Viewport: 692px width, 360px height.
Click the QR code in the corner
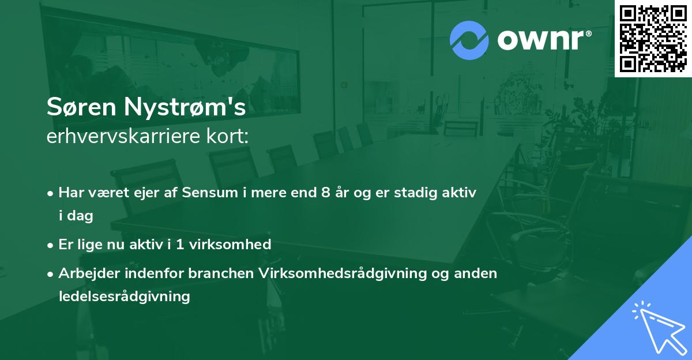(x=653, y=38)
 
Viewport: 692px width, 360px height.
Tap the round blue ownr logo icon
(x=469, y=40)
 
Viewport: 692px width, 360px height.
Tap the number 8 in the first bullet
(x=325, y=193)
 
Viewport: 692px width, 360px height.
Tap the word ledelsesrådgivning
(x=124, y=297)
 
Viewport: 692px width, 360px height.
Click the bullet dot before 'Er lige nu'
(x=51, y=245)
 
